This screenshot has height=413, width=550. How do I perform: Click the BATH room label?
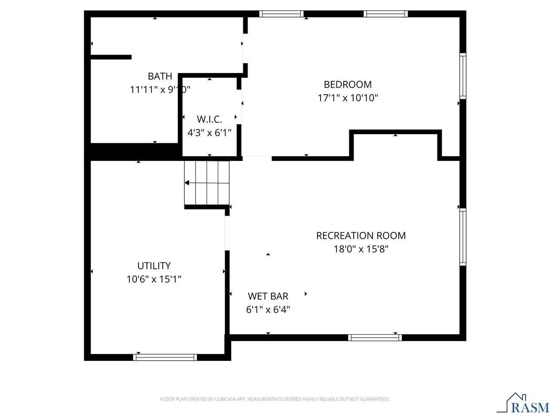[x=160, y=76]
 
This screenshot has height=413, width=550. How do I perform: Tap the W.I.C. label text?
[x=209, y=119]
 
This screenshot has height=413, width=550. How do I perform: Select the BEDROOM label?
[x=348, y=84]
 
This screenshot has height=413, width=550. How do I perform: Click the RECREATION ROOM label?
[x=361, y=235]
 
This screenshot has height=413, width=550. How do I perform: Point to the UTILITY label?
[x=154, y=265]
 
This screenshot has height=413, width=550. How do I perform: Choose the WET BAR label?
[x=268, y=296]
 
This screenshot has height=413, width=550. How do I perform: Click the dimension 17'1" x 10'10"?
[x=348, y=98]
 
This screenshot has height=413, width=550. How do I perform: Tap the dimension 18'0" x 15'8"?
[x=361, y=249]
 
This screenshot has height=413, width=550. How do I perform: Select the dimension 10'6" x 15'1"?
[x=154, y=279]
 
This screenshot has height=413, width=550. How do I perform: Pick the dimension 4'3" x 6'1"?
[x=209, y=133]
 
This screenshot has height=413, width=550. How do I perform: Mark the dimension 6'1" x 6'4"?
[x=268, y=309]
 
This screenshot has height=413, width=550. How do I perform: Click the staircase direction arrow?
[x=187, y=183]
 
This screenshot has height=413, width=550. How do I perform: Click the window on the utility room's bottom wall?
[x=165, y=357]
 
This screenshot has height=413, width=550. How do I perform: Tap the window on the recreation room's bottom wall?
[x=375, y=337]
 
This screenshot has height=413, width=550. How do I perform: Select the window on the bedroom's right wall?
[x=463, y=76]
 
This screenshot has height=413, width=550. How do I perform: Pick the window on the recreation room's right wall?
[x=463, y=237]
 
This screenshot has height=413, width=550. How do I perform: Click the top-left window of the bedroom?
[x=281, y=14]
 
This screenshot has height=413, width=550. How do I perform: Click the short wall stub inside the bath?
[x=111, y=57]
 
